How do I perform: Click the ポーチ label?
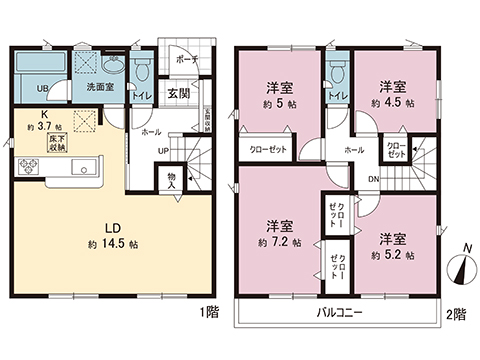[x=187, y=59]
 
